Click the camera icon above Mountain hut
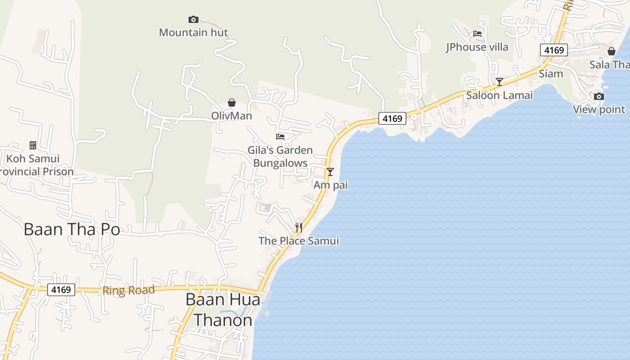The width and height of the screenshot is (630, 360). tap(193, 19)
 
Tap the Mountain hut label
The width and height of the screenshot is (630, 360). tap(193, 32)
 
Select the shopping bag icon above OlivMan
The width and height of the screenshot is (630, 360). tap(232, 103)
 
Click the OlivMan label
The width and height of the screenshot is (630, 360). tap(232, 116)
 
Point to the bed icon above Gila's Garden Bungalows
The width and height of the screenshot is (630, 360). tap(280, 136)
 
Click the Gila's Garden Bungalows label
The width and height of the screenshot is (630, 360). tap(280, 156)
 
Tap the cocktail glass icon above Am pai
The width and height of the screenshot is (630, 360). tap(330, 171)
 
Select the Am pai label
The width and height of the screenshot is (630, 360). tap(331, 185)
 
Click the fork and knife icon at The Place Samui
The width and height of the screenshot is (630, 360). tap(298, 227)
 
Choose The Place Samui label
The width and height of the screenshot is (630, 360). tap(298, 241)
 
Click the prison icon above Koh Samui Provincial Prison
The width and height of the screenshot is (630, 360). tap(33, 145)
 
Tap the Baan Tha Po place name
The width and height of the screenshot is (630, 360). tap(72, 229)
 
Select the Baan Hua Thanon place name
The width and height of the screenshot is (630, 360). tap(223, 310)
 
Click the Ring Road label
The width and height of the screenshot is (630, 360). tap(128, 290)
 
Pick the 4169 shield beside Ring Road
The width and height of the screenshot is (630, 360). tap(61, 289)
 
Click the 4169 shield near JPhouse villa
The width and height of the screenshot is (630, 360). tap(554, 50)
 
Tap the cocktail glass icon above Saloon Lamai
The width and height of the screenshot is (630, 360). tap(499, 81)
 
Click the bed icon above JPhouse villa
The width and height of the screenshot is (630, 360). tap(477, 33)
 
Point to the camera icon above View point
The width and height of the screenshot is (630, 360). tap(598, 96)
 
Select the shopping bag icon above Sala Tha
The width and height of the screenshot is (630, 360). tap(611, 51)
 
